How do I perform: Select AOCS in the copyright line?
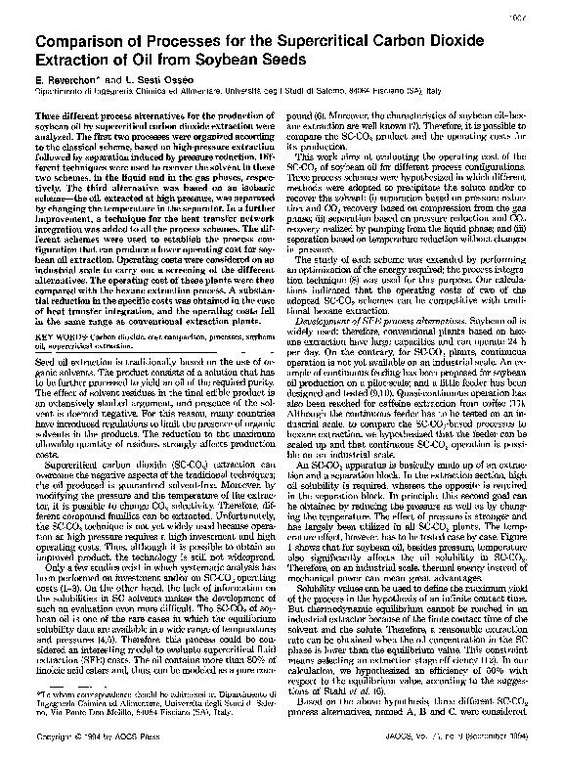pos(122,738)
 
